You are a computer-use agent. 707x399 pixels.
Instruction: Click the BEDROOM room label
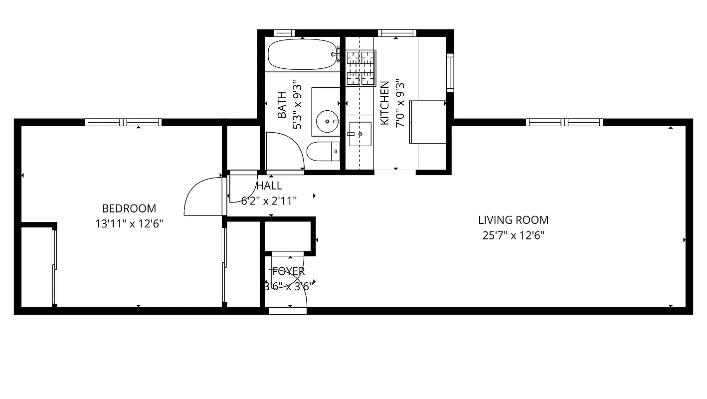(x=129, y=208)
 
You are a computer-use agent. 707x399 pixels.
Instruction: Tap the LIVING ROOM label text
(x=513, y=220)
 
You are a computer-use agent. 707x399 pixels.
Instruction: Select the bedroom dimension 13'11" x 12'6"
(x=129, y=224)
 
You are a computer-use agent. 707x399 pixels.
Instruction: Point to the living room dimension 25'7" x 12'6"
(x=513, y=235)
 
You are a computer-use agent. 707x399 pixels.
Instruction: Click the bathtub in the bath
(x=302, y=54)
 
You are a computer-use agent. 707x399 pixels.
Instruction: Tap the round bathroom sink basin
(x=326, y=121)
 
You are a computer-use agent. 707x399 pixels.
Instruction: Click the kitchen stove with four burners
(x=361, y=68)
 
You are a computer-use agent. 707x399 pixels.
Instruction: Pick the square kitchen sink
(x=360, y=134)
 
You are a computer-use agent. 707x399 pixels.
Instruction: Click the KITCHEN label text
(x=384, y=103)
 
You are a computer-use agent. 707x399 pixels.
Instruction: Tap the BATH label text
(x=282, y=105)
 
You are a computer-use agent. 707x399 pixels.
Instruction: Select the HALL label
(x=269, y=186)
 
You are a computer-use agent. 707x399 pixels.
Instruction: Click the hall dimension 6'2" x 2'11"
(x=269, y=201)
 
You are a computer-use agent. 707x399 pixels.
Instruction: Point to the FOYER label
(x=289, y=271)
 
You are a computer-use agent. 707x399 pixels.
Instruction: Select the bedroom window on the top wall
(x=123, y=122)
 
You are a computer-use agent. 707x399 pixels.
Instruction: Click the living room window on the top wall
(x=564, y=122)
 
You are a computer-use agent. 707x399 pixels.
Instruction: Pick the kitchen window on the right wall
(x=450, y=72)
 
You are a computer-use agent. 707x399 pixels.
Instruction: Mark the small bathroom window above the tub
(x=284, y=33)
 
